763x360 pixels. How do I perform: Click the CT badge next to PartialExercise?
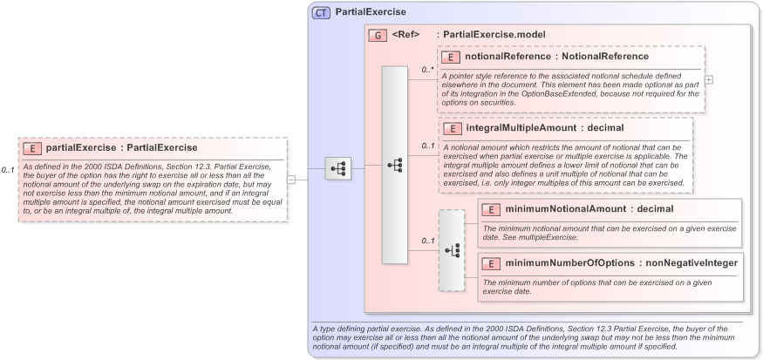[x=321, y=13]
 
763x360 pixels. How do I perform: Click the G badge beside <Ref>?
[x=378, y=35]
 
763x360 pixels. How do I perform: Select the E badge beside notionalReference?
[x=451, y=57]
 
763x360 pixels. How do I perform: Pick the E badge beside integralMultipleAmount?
[x=452, y=128]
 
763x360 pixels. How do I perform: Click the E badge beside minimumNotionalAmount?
[x=490, y=209]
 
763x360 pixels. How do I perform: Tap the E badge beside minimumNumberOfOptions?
[x=490, y=263]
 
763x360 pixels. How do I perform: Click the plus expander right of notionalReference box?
[x=709, y=79]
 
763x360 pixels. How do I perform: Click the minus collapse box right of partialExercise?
[x=291, y=180]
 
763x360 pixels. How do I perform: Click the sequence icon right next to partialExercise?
[x=337, y=169]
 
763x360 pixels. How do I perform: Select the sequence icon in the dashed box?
[x=452, y=250]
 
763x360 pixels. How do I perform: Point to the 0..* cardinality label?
[x=427, y=69]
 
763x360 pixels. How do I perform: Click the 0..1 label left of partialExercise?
[x=8, y=170]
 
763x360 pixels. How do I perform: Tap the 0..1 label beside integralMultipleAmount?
[x=427, y=146]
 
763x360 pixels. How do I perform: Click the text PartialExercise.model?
[x=494, y=35]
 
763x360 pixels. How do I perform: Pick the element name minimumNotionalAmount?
[x=561, y=209]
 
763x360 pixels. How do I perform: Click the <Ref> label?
[x=405, y=35]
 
